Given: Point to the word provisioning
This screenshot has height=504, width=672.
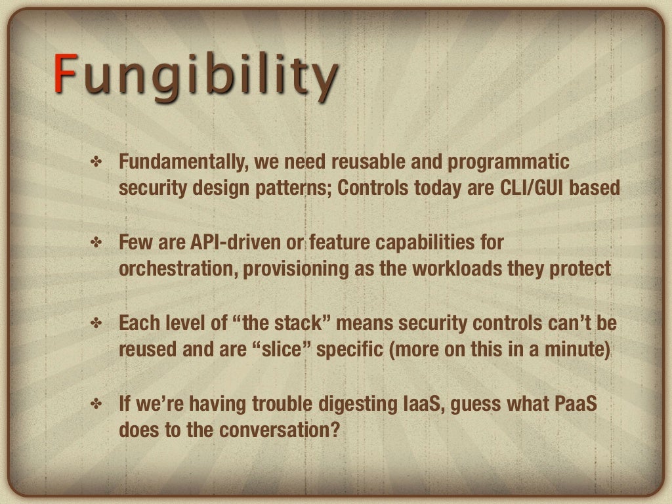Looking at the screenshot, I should (x=305, y=270).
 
